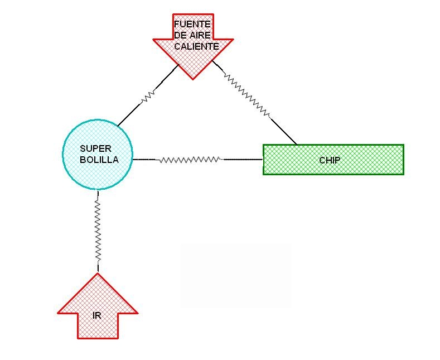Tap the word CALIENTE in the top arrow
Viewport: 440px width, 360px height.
click(196, 46)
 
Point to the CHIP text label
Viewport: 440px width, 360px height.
click(330, 160)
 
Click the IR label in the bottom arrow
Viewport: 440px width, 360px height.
click(97, 315)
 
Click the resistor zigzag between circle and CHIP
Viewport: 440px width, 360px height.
click(190, 160)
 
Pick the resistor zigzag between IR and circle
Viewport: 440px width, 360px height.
click(98, 232)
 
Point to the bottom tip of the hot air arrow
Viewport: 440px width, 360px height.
click(193, 78)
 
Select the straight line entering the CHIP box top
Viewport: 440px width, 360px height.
click(283, 131)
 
